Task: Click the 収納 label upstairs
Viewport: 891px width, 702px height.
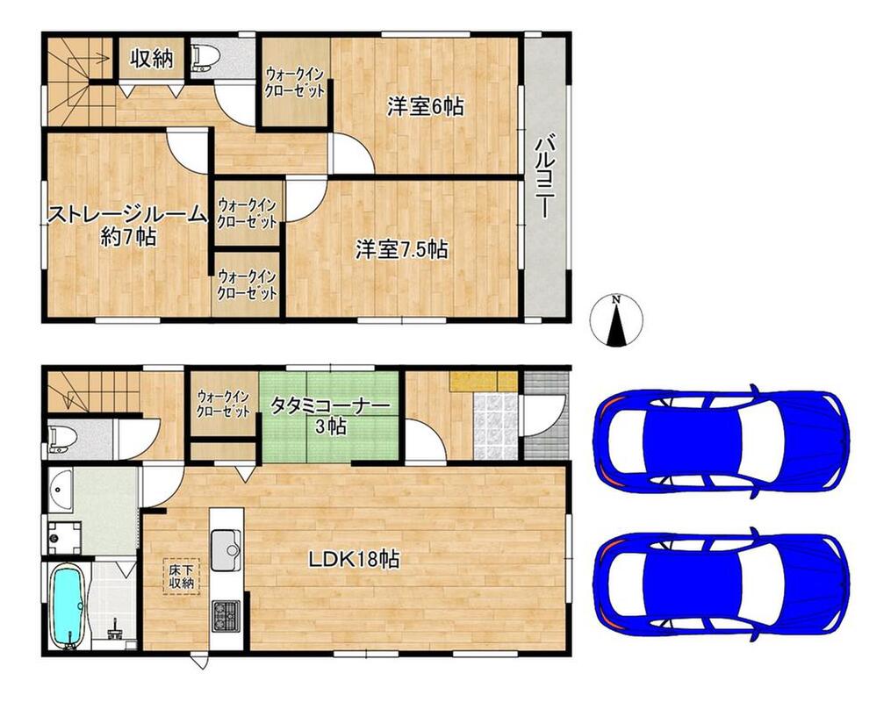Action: pyautogui.click(x=151, y=58)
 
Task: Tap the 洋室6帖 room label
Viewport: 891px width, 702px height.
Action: pyautogui.click(x=425, y=106)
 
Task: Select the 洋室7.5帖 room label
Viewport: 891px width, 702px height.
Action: pyautogui.click(x=402, y=249)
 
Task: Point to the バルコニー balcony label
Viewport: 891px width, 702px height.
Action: pyautogui.click(x=543, y=175)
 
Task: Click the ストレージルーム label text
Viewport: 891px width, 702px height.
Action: pyautogui.click(x=126, y=215)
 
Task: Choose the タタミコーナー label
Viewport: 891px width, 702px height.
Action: pyautogui.click(x=330, y=405)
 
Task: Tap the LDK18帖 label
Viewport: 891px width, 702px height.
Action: pyautogui.click(x=354, y=560)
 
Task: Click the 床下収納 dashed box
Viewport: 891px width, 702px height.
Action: pyautogui.click(x=181, y=576)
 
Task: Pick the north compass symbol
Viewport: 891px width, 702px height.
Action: pyautogui.click(x=616, y=321)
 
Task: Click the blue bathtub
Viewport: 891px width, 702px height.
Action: pyautogui.click(x=68, y=605)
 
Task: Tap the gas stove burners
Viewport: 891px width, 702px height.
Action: pyautogui.click(x=226, y=616)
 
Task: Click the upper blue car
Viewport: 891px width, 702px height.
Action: pyautogui.click(x=721, y=437)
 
